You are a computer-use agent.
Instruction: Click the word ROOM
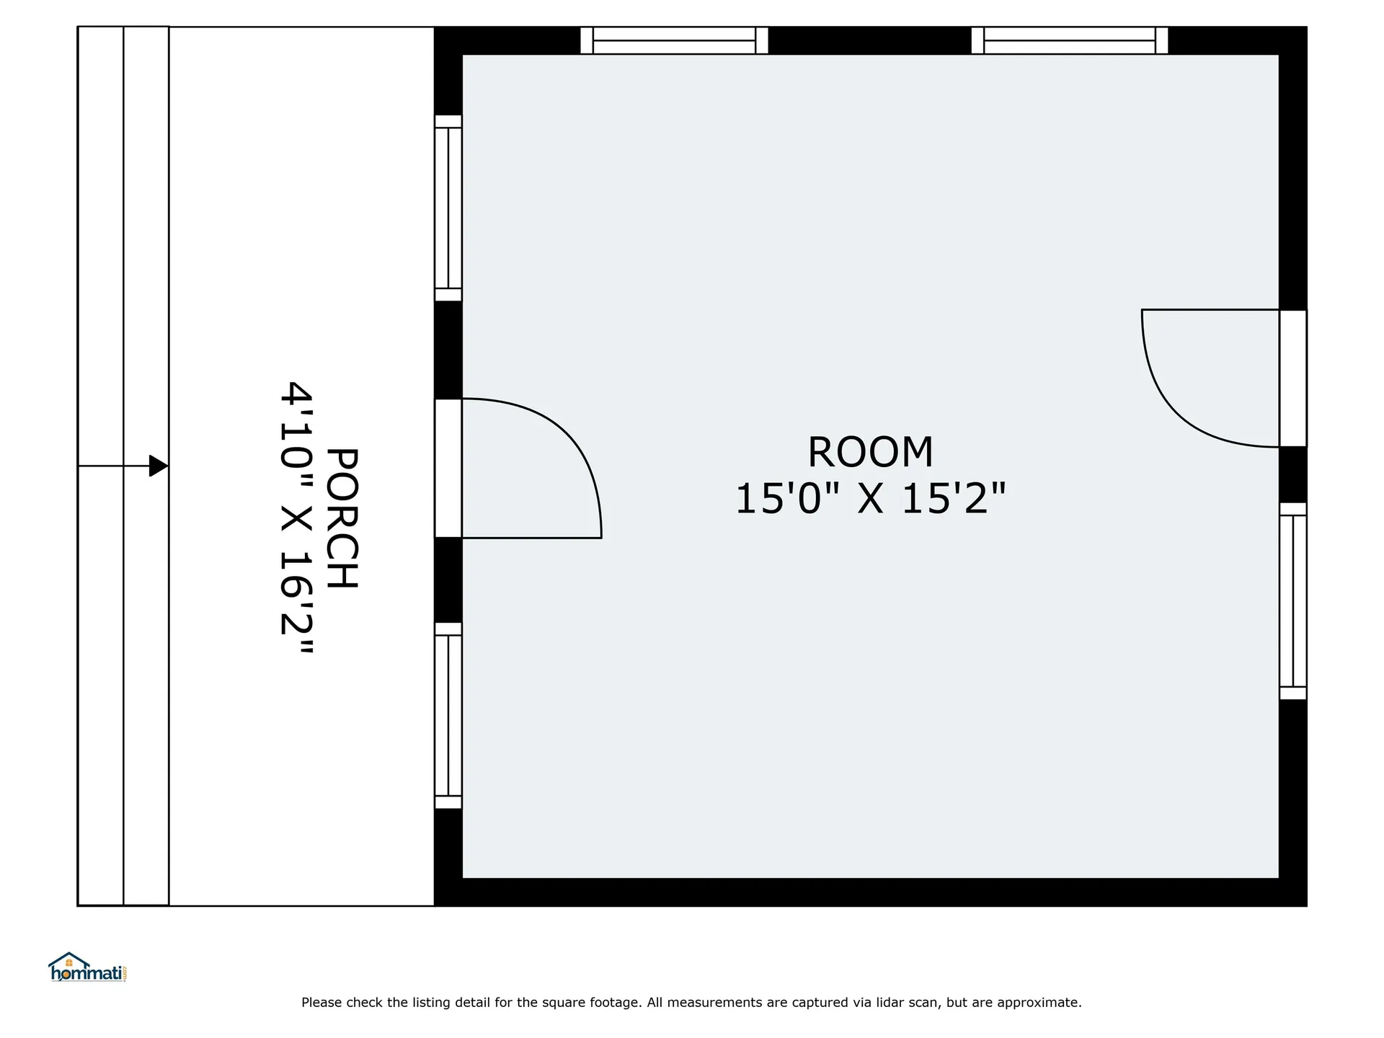click(870, 453)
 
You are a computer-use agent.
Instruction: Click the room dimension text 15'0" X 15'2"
click(870, 499)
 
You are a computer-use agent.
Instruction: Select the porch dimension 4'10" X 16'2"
click(296, 518)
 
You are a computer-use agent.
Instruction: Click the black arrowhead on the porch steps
click(159, 466)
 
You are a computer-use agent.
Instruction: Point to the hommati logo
click(89, 967)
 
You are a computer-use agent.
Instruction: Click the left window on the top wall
click(674, 40)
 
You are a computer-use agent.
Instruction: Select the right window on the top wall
click(1070, 40)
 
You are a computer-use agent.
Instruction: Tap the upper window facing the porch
click(448, 208)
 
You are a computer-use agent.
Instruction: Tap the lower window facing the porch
click(448, 716)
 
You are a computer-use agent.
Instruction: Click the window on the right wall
click(1293, 601)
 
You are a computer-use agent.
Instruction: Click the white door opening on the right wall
click(1293, 378)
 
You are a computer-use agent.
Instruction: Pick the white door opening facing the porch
click(448, 469)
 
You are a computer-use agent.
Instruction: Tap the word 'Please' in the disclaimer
click(321, 1002)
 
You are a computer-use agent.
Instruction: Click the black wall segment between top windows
click(869, 40)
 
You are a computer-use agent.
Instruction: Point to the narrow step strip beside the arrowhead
click(146, 466)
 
